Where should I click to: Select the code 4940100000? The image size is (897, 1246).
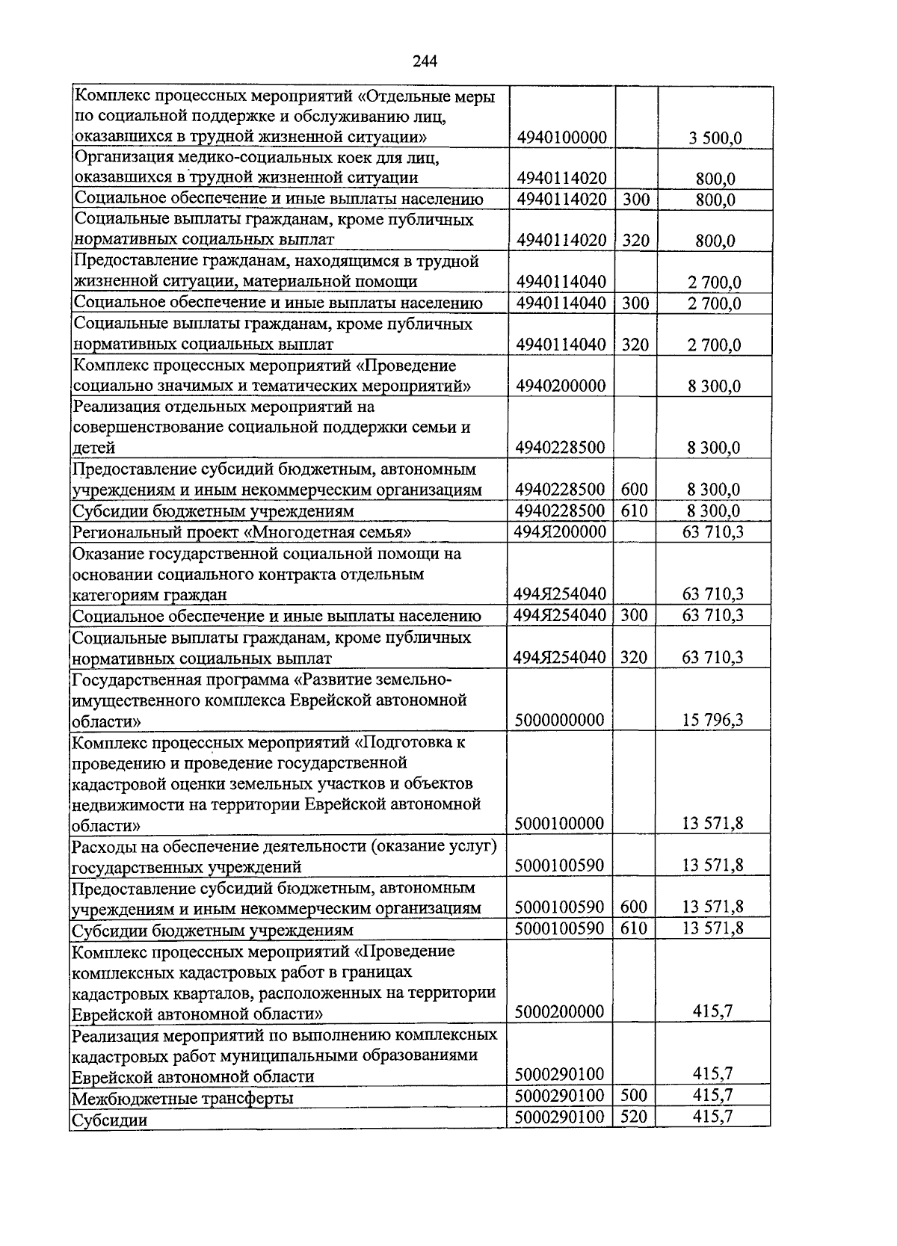pos(561,138)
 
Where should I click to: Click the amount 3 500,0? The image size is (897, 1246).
pos(714,138)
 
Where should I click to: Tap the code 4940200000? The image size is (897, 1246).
pos(561,386)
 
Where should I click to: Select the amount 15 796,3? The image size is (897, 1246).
pos(712,721)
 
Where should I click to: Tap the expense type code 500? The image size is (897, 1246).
pos(634,1096)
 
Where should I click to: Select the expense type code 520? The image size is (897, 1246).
pos(634,1117)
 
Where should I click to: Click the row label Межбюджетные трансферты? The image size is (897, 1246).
pos(182,1098)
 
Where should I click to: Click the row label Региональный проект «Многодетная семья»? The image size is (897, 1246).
pos(242,533)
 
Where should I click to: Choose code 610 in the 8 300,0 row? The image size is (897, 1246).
pos(634,511)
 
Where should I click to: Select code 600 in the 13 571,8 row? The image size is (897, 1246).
pos(634,907)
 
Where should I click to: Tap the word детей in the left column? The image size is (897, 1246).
pos(94,448)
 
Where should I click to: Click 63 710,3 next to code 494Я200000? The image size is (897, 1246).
pos(712,531)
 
